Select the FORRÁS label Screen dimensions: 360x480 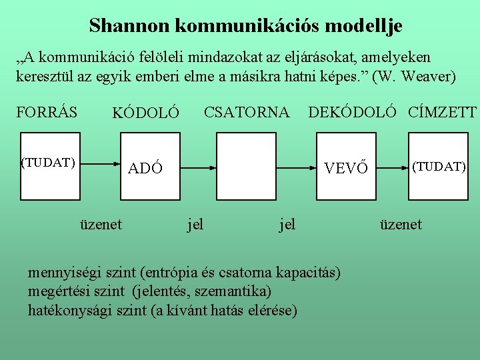point(47,111)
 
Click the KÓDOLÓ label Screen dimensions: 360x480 point(145,115)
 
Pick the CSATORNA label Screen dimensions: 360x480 point(246,111)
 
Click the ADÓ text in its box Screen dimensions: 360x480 point(145,168)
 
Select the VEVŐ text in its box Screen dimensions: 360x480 point(345,168)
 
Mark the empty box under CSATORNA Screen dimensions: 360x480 point(246,166)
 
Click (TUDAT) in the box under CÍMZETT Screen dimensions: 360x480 point(439,166)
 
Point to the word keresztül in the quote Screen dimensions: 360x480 point(43,77)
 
